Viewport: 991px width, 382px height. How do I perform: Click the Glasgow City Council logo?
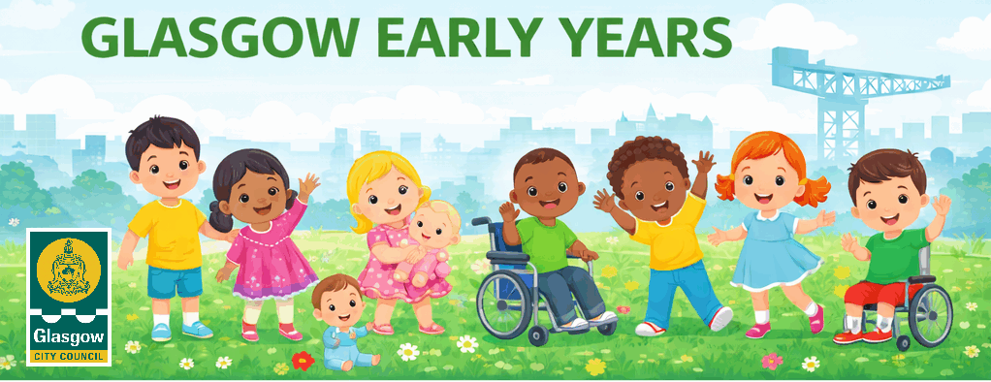pyautogui.click(x=69, y=297)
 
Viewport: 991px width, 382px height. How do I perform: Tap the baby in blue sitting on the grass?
pyautogui.click(x=339, y=325)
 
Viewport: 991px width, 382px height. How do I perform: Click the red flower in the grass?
pyautogui.click(x=304, y=361)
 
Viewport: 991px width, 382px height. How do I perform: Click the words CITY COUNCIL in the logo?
pyautogui.click(x=69, y=354)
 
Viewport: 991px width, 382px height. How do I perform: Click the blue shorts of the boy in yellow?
pyautogui.click(x=176, y=281)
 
